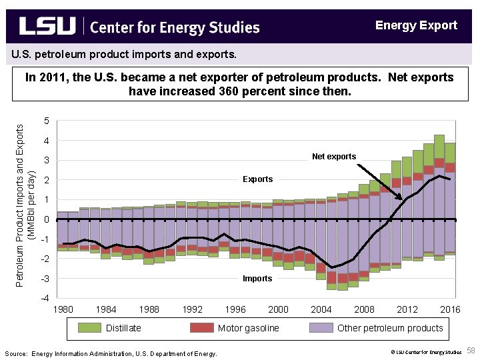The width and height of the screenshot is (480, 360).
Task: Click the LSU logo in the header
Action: coord(47,26)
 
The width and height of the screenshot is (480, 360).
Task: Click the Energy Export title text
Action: coord(416,25)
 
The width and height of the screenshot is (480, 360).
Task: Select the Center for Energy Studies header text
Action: coord(174,27)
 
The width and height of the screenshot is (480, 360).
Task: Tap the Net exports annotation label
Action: coord(334,157)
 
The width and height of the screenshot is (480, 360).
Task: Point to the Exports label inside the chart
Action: coord(257,179)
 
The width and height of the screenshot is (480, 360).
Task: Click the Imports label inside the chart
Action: coord(257,278)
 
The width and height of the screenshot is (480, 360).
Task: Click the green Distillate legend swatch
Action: coord(88,327)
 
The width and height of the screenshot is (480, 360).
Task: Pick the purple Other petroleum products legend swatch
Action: coord(321,327)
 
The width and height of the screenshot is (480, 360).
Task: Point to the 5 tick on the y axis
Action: coord(45,121)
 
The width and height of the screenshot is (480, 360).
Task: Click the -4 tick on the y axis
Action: coord(43,297)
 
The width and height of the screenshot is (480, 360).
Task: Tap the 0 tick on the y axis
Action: coord(45,219)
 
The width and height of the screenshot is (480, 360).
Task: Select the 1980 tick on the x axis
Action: coord(63,309)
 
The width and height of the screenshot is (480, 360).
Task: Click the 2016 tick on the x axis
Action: coord(450,309)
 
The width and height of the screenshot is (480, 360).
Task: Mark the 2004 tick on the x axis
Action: coord(321,309)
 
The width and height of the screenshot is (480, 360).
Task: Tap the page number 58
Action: coord(471,351)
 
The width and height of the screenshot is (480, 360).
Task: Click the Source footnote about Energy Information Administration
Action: coord(110,353)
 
